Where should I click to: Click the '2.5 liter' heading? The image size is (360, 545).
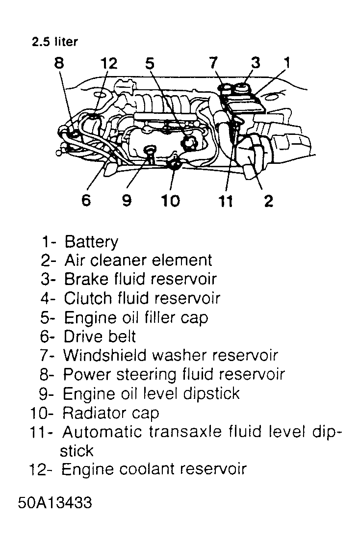point(54,42)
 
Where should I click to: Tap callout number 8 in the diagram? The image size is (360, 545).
point(59,64)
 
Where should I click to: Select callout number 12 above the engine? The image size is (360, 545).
point(109,64)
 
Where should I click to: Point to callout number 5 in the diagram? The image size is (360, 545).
point(150,64)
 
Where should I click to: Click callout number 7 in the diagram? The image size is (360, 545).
point(213,64)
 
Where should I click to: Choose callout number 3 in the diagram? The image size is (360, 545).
point(256,64)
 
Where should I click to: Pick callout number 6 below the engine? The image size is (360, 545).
point(86,201)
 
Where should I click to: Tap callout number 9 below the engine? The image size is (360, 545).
point(127,201)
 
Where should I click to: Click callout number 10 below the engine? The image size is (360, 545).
point(171,201)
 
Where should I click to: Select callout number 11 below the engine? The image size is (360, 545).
point(226,201)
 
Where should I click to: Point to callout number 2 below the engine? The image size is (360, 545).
point(268,201)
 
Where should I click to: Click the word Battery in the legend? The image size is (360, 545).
point(91,242)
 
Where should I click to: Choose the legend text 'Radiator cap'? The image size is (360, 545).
point(111,413)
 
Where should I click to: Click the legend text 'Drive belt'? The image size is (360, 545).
point(100,337)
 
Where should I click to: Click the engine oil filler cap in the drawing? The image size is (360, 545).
point(188,143)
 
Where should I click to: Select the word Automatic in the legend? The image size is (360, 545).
point(104,432)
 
